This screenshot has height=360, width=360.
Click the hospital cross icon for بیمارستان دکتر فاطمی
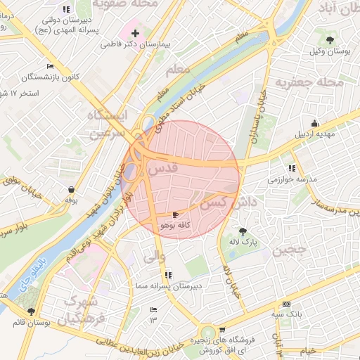pos(136,33)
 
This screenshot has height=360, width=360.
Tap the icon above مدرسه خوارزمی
pos(292,169)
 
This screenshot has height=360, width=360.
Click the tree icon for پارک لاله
pos(243,231)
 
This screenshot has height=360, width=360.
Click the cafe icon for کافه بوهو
pos(175,214)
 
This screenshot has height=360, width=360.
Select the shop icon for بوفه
pos(71,190)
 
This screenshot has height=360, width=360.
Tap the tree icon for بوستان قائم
pos(30,311)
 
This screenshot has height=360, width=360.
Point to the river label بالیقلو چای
pos(30,276)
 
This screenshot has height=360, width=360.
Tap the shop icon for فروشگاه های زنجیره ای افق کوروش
pos(222,328)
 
